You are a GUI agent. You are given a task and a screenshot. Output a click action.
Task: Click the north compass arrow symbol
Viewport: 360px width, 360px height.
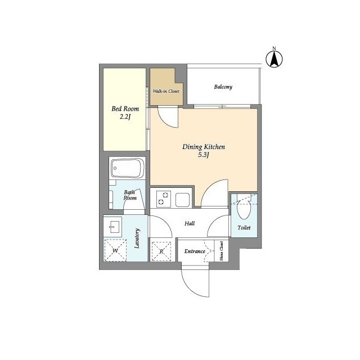(274, 58)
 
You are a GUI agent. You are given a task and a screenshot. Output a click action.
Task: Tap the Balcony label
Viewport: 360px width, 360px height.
(223, 87)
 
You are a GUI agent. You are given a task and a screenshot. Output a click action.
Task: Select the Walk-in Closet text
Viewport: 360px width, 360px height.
(166, 91)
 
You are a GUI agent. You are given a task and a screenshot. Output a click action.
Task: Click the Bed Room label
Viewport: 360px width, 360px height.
(125, 109)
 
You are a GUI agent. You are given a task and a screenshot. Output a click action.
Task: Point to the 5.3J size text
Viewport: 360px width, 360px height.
(204, 155)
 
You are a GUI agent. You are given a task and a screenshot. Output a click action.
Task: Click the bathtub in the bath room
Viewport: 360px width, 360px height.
(127, 168)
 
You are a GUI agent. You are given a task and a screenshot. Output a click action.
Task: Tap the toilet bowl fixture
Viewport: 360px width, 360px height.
(244, 208)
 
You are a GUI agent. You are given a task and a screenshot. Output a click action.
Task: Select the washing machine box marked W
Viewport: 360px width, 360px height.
(115, 250)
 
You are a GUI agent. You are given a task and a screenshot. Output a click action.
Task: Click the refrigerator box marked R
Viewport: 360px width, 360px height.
(161, 251)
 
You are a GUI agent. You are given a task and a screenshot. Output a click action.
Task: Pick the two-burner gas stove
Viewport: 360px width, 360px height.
(164, 199)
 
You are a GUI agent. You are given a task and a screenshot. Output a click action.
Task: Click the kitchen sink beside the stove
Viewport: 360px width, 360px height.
(182, 200)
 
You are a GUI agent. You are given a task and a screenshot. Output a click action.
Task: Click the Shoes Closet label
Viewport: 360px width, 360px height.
(221, 251)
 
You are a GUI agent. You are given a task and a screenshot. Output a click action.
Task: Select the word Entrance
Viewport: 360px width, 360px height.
(195, 251)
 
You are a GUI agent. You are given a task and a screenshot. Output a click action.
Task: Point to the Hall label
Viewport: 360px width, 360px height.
(190, 223)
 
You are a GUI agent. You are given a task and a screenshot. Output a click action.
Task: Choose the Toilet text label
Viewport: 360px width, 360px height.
(244, 227)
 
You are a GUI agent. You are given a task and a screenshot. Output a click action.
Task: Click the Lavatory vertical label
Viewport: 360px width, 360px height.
(137, 238)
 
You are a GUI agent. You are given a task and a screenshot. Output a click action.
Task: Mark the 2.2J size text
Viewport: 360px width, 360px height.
(125, 117)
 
